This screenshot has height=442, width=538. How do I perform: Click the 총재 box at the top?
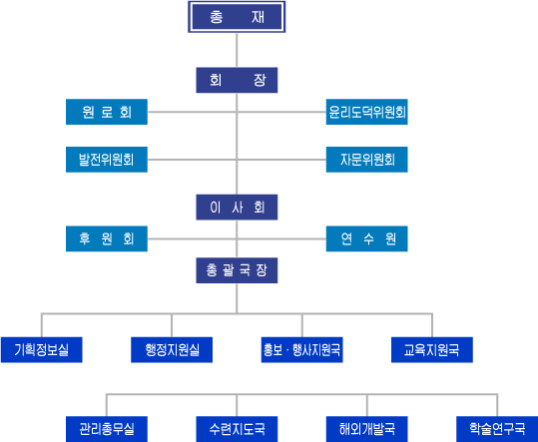coord(237,17)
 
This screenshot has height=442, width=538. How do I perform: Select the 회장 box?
coord(237,80)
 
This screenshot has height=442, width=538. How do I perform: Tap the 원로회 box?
coord(107,112)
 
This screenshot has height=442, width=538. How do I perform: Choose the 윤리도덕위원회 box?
coord(366,112)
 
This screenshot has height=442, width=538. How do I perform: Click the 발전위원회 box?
coord(107,160)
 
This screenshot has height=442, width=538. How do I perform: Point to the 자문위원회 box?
coord(366,160)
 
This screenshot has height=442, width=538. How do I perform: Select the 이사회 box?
coord(237,208)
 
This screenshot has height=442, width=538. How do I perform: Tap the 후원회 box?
coord(107,238)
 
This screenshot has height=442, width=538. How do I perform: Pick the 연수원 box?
coord(366,238)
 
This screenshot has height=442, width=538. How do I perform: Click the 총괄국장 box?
coord(237,270)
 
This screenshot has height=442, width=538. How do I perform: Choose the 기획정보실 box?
coord(42,350)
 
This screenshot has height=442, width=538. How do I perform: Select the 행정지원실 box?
coord(172,350)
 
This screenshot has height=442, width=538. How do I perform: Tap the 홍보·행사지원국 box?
coord(301,350)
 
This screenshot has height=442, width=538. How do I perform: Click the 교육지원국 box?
coord(432,350)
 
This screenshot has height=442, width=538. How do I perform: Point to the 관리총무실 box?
coord(107,429)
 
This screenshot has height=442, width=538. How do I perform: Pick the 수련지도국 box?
coord(237,429)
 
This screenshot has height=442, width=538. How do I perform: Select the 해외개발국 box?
coord(366,429)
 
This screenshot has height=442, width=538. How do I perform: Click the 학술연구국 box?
coord(497,429)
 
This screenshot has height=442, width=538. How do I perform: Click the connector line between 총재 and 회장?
coord(237,50)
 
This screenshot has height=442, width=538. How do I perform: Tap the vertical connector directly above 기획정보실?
coord(42,325)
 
